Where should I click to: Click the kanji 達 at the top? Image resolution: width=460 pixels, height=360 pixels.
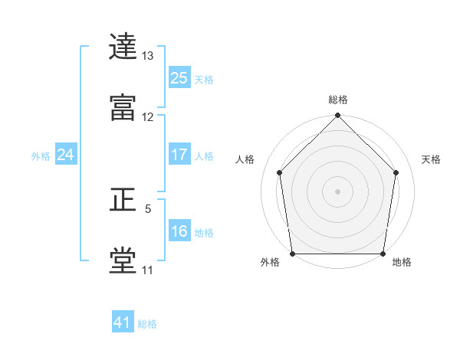click(123, 46)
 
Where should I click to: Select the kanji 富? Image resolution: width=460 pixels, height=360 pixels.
click(123, 107)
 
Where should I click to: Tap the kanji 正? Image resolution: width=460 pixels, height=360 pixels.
click(123, 199)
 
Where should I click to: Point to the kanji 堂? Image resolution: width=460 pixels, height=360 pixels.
click(123, 260)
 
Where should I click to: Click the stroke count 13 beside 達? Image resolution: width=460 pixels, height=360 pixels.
click(147, 56)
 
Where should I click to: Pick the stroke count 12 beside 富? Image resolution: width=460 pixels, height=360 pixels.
click(147, 117)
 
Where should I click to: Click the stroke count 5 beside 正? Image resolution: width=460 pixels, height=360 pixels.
click(148, 209)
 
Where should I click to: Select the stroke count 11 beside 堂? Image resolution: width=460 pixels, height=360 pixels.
click(147, 270)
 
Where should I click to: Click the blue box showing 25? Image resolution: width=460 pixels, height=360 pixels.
click(179, 77)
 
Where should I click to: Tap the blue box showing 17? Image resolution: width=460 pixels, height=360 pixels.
click(179, 154)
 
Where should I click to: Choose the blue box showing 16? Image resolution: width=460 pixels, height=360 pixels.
click(179, 230)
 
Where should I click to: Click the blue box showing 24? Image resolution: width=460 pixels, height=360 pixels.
click(66, 154)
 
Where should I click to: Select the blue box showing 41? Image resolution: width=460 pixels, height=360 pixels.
click(123, 321)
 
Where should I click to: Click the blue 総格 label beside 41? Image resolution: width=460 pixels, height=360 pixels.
click(147, 324)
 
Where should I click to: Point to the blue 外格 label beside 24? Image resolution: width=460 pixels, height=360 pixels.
click(41, 156)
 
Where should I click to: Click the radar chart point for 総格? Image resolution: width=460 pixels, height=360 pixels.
click(337, 115)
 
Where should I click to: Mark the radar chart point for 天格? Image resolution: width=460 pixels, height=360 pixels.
click(396, 172)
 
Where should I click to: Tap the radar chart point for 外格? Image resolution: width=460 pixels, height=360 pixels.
click(293, 254)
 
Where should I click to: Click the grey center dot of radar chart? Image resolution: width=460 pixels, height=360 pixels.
click(337, 191)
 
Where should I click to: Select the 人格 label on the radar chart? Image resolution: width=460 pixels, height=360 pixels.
click(245, 159)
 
